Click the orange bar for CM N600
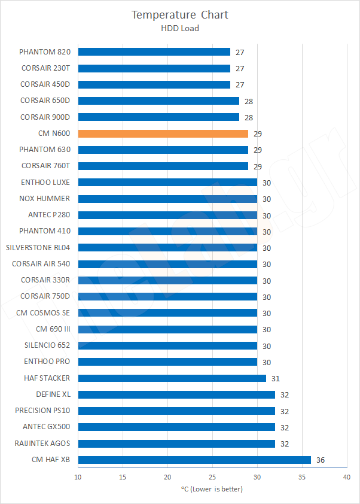[x=163, y=133]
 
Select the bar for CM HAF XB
[x=194, y=460]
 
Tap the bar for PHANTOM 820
[x=154, y=52]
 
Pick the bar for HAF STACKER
[x=172, y=378]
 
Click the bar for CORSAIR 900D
[x=158, y=117]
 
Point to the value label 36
[x=321, y=460]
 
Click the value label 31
[x=276, y=378]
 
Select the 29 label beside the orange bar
[x=258, y=133]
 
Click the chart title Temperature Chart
[x=180, y=14]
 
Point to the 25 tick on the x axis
[x=212, y=477]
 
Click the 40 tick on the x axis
[x=346, y=477]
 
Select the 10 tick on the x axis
[x=78, y=477]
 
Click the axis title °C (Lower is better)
[x=212, y=489]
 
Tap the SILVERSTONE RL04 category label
[x=38, y=247]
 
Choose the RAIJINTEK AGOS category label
[x=42, y=444]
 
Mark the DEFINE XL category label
[x=53, y=394]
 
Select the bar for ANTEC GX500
[x=176, y=427]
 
